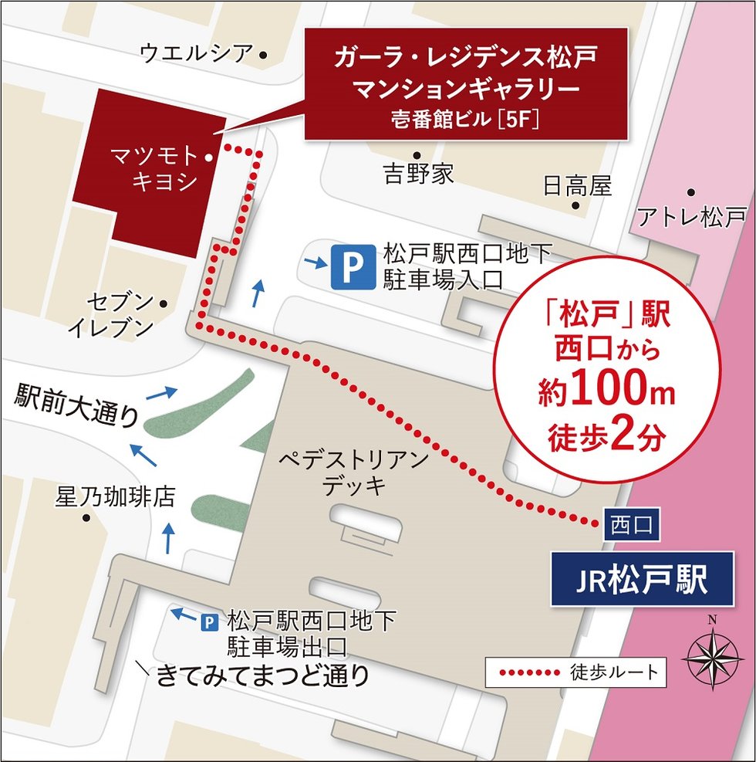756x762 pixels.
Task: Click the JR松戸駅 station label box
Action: point(641,579)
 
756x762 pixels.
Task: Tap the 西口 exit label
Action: point(631,527)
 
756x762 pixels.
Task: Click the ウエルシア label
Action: point(196,54)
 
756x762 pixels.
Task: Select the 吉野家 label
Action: point(419,174)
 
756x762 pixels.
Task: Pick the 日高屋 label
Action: point(577,186)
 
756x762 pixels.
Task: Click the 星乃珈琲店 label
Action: point(115,496)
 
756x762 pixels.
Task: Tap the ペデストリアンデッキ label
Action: point(353,473)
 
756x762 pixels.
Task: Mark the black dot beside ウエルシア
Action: point(264,55)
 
